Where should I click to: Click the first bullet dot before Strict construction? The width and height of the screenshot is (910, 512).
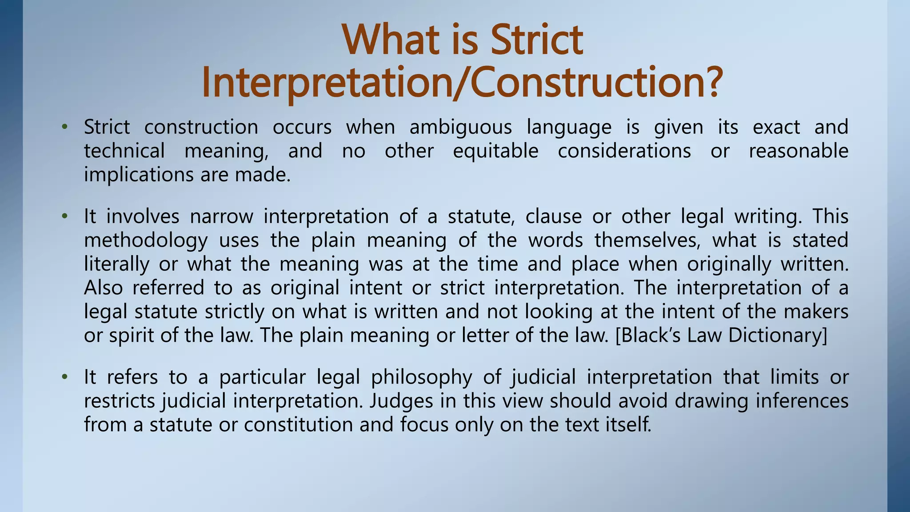65,127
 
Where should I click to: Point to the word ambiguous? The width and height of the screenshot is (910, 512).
460,127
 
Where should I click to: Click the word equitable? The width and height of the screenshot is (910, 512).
495,151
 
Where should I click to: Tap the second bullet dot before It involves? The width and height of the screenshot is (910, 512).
65,216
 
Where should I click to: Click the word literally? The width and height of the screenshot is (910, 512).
116,264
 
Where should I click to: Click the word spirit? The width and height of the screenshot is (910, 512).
132,336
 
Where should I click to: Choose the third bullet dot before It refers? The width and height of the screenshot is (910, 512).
65,377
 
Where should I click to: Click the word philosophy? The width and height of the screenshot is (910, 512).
421,378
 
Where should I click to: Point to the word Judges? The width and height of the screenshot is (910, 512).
401,401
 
